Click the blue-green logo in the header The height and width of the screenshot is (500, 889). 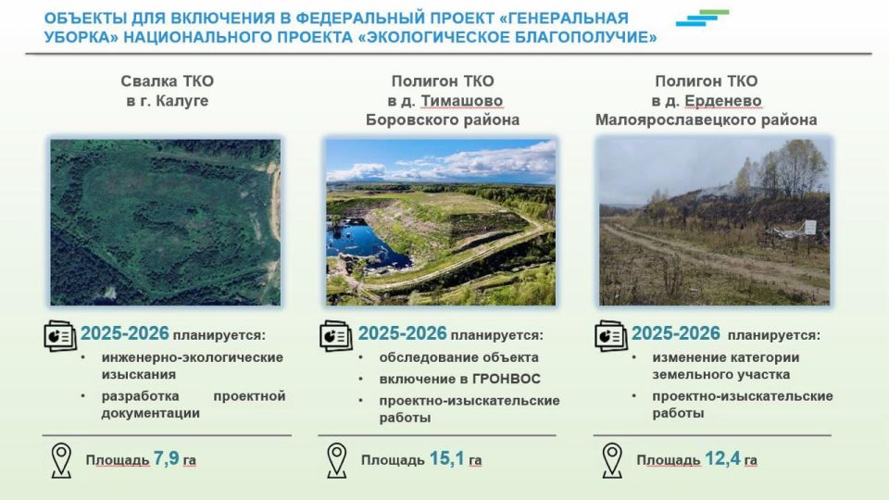[703, 18]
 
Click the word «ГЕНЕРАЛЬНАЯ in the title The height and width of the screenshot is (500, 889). [564, 19]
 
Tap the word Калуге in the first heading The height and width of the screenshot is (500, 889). [182, 102]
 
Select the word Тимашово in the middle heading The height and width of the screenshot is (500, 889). [461, 102]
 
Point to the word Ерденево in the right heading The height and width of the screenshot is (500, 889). [723, 102]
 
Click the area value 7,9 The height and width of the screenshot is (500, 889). [166, 458]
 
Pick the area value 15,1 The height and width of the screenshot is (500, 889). [446, 458]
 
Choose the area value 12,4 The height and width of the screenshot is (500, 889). [722, 458]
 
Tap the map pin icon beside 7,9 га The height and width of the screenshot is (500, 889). [61, 460]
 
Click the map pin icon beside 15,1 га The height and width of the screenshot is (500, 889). [337, 460]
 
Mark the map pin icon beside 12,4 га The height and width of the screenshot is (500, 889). [612, 460]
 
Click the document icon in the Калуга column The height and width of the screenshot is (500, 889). [59, 335]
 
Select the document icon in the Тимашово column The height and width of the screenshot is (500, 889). [335, 335]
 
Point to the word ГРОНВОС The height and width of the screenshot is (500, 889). [507, 379]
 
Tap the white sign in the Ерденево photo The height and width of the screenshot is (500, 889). [810, 228]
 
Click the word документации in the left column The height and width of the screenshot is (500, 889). [151, 413]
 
